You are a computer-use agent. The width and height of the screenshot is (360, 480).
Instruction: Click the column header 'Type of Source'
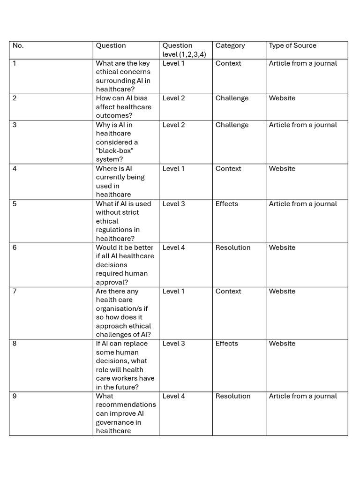tap(292, 45)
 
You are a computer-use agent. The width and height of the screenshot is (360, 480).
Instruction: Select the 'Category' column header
tap(230, 45)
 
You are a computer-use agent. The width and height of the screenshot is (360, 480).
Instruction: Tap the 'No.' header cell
tap(18, 45)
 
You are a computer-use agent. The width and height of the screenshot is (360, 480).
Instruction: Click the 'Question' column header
tap(111, 45)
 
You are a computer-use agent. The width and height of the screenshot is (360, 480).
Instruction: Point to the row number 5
tap(15, 204)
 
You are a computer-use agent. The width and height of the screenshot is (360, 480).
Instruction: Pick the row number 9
tap(15, 396)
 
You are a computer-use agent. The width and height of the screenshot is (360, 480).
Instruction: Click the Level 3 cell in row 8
tap(173, 344)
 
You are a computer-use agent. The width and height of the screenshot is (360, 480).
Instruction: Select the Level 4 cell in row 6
tap(173, 247)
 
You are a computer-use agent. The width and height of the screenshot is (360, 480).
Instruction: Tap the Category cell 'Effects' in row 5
tap(227, 204)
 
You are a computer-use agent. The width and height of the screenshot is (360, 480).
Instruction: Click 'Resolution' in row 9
tap(233, 396)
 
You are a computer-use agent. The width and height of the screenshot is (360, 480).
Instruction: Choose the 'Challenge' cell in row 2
tap(232, 98)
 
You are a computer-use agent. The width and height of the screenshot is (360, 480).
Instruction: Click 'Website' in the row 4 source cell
tap(282, 169)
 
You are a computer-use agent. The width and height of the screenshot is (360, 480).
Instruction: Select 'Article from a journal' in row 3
tap(303, 125)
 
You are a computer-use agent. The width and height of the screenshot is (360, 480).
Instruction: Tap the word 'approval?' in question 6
tap(112, 282)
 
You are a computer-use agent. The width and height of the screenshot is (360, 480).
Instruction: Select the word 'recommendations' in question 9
tap(126, 405)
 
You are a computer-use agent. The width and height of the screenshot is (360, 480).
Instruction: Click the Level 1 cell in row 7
tap(173, 291)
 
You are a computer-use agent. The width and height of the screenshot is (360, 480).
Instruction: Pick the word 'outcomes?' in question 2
tap(114, 115)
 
